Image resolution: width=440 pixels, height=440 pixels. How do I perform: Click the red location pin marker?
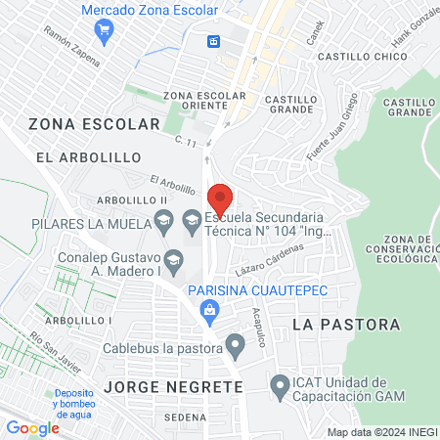click(220, 197)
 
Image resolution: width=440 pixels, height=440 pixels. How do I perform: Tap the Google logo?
click(32, 427)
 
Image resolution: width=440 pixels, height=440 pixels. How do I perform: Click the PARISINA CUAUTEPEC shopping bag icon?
click(207, 310)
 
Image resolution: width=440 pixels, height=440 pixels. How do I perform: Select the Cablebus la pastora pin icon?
click(235, 344)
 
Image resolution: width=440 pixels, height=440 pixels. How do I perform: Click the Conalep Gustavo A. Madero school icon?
click(173, 259)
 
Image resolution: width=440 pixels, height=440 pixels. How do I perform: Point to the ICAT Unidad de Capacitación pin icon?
click(280, 388)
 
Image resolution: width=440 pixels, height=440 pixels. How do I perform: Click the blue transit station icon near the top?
click(213, 41)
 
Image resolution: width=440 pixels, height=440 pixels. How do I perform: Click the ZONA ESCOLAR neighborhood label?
click(94, 124)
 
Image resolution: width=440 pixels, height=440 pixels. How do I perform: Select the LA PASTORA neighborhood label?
click(346, 324)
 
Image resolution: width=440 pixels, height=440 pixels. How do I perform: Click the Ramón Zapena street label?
click(71, 45)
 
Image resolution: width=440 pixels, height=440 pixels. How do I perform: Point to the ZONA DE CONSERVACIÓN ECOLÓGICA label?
click(409, 249)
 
